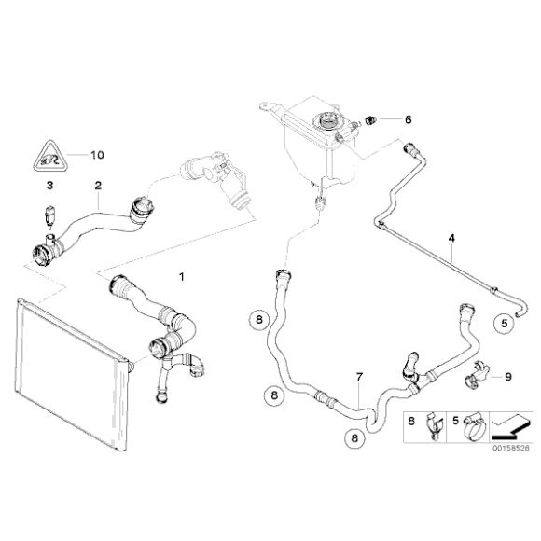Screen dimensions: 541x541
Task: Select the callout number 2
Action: click(x=97, y=186)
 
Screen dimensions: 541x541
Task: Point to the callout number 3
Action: click(x=48, y=187)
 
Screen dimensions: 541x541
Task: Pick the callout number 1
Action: click(x=182, y=277)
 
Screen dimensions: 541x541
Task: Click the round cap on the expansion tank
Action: click(x=327, y=120)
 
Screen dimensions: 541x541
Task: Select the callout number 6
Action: click(x=407, y=118)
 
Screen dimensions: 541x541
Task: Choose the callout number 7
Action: click(x=358, y=378)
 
